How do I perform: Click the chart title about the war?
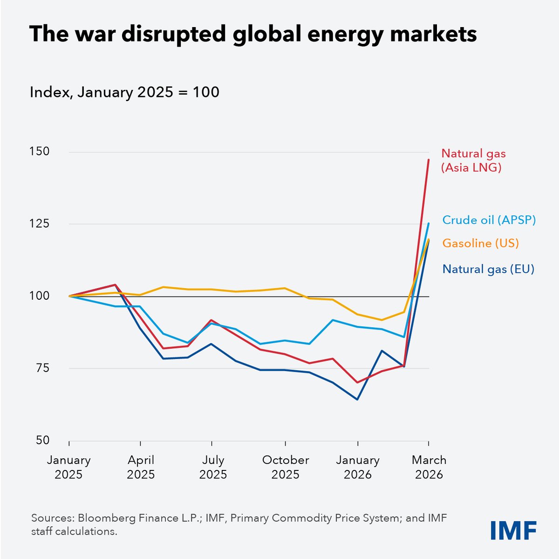coord(253,35)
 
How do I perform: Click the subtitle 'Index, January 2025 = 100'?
coord(124,92)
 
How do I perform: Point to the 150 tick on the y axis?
coord(39,152)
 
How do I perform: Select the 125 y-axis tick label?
coord(39,224)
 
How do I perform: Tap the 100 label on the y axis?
coord(39,296)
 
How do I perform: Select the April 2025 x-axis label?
coord(141,467)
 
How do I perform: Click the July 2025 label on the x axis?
coord(213,467)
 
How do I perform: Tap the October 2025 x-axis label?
coord(286,467)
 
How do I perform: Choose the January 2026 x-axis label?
coord(358,467)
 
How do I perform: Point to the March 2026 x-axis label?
coord(429,467)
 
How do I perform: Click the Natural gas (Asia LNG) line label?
coord(473,160)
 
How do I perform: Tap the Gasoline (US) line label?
coord(480,243)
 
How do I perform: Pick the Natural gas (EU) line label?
coord(488,269)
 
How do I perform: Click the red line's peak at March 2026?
coord(429,160)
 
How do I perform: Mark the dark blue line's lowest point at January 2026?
coord(357,400)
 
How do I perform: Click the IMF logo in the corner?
coord(513,530)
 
